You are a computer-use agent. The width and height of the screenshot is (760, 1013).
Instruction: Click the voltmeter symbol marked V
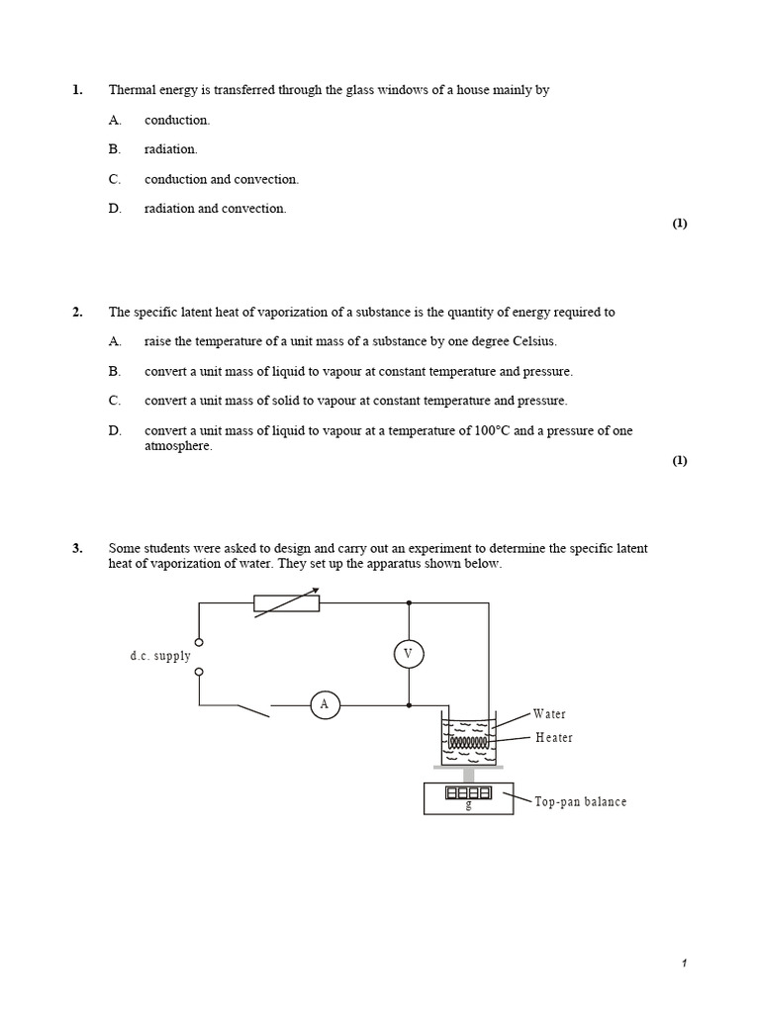tap(408, 654)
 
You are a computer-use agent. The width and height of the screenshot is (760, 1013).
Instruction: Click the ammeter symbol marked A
tap(324, 704)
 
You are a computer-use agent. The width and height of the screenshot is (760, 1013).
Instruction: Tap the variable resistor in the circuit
tap(287, 602)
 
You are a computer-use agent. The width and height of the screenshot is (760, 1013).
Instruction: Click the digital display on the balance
tap(468, 793)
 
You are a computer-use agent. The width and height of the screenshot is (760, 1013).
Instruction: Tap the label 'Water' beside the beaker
tap(549, 714)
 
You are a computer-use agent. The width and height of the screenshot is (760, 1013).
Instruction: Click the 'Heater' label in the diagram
tap(554, 738)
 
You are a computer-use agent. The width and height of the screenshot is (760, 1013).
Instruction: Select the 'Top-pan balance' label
tap(581, 802)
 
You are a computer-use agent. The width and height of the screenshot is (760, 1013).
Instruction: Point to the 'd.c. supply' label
tap(160, 657)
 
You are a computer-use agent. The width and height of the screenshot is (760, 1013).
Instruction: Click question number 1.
tap(77, 90)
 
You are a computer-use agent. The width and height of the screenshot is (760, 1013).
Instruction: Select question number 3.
tap(77, 549)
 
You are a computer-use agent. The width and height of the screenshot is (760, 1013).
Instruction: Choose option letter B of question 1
tap(115, 149)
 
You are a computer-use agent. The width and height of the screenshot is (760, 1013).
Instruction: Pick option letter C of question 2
tap(115, 401)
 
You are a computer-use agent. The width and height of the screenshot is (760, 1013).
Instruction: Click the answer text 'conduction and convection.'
tap(222, 179)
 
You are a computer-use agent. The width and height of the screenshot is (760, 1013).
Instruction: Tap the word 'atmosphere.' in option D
tap(178, 445)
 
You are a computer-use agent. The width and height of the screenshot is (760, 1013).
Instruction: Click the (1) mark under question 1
tap(680, 224)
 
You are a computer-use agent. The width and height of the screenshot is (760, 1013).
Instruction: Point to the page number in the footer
tap(684, 964)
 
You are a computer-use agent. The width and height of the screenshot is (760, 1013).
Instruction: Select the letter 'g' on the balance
tap(468, 805)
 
